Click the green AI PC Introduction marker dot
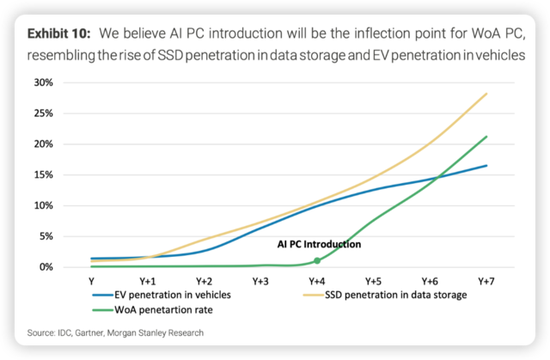[x=317, y=260]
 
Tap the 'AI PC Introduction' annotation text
[x=319, y=244]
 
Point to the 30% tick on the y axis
[x=65, y=82]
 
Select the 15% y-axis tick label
[x=65, y=174]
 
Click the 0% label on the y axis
[x=68, y=267]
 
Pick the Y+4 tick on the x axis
[x=317, y=281]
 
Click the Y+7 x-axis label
[x=486, y=281]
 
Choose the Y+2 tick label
[x=205, y=281]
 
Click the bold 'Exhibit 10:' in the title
[x=60, y=34]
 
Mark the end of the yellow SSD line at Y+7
[x=487, y=93]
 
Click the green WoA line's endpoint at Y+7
[x=487, y=136]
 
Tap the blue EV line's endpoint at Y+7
[x=487, y=165]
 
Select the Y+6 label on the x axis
[x=430, y=281]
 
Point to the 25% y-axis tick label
[x=65, y=113]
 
